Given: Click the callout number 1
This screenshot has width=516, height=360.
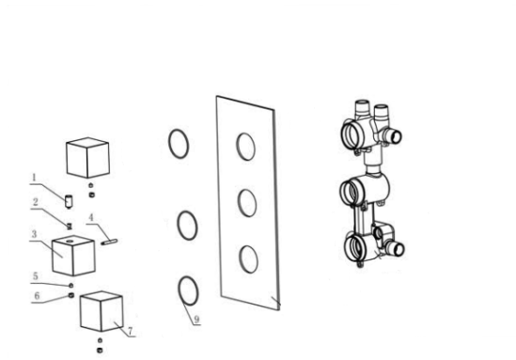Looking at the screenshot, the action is pos(33,178).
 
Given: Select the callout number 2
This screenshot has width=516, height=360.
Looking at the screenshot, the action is pos(35,202).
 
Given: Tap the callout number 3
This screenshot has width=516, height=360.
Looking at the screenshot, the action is pos(34,234).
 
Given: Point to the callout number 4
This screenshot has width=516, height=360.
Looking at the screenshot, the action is pos(91,217).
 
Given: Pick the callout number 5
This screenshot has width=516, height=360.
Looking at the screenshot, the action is pos(35,276).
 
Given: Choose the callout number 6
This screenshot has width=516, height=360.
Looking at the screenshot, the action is pos(37,295).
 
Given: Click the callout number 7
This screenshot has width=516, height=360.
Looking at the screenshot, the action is pos(130,330).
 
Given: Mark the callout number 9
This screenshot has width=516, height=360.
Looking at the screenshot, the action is pos(196,319).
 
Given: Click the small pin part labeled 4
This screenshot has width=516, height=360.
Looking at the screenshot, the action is pos(110,243).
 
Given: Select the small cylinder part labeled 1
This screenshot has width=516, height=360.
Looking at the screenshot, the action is pos(69,202).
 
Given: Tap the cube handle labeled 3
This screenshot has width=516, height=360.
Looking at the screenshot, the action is pos(73,256).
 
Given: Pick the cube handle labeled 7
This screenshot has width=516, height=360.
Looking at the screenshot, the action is pos(102,311).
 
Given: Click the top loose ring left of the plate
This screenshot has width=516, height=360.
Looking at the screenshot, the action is pos(169,144).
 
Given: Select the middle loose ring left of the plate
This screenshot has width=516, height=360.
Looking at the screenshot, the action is pos(178,226).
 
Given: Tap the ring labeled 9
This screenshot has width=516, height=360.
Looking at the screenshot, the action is pos(179,290).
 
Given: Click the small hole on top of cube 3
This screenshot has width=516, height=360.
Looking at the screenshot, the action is pos(70,242).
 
